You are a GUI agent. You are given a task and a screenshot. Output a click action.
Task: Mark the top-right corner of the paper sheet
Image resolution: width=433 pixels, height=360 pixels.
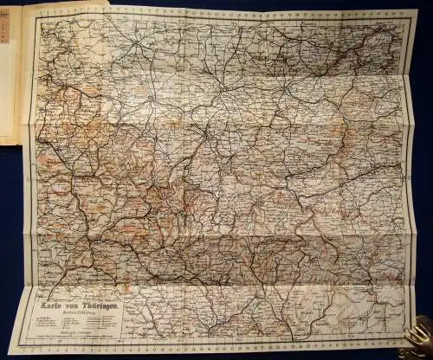click(417, 10)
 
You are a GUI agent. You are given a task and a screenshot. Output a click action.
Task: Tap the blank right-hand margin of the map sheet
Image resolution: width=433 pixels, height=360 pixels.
click(412, 173)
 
